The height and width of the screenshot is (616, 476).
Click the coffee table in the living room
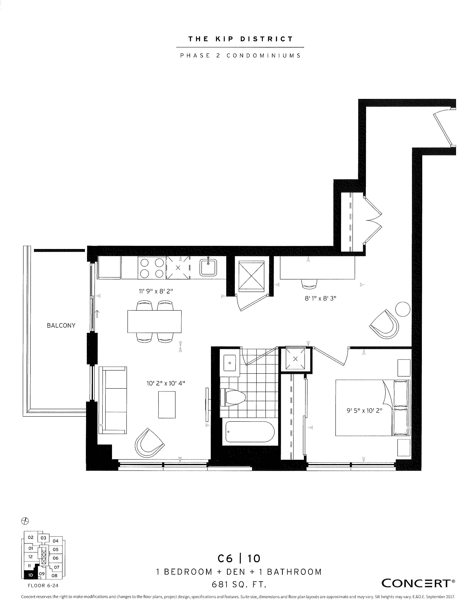(167, 405)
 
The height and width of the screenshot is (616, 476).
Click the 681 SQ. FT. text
(239, 585)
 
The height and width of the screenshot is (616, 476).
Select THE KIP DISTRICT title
(241, 39)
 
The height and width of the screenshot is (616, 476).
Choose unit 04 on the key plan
(56, 541)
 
